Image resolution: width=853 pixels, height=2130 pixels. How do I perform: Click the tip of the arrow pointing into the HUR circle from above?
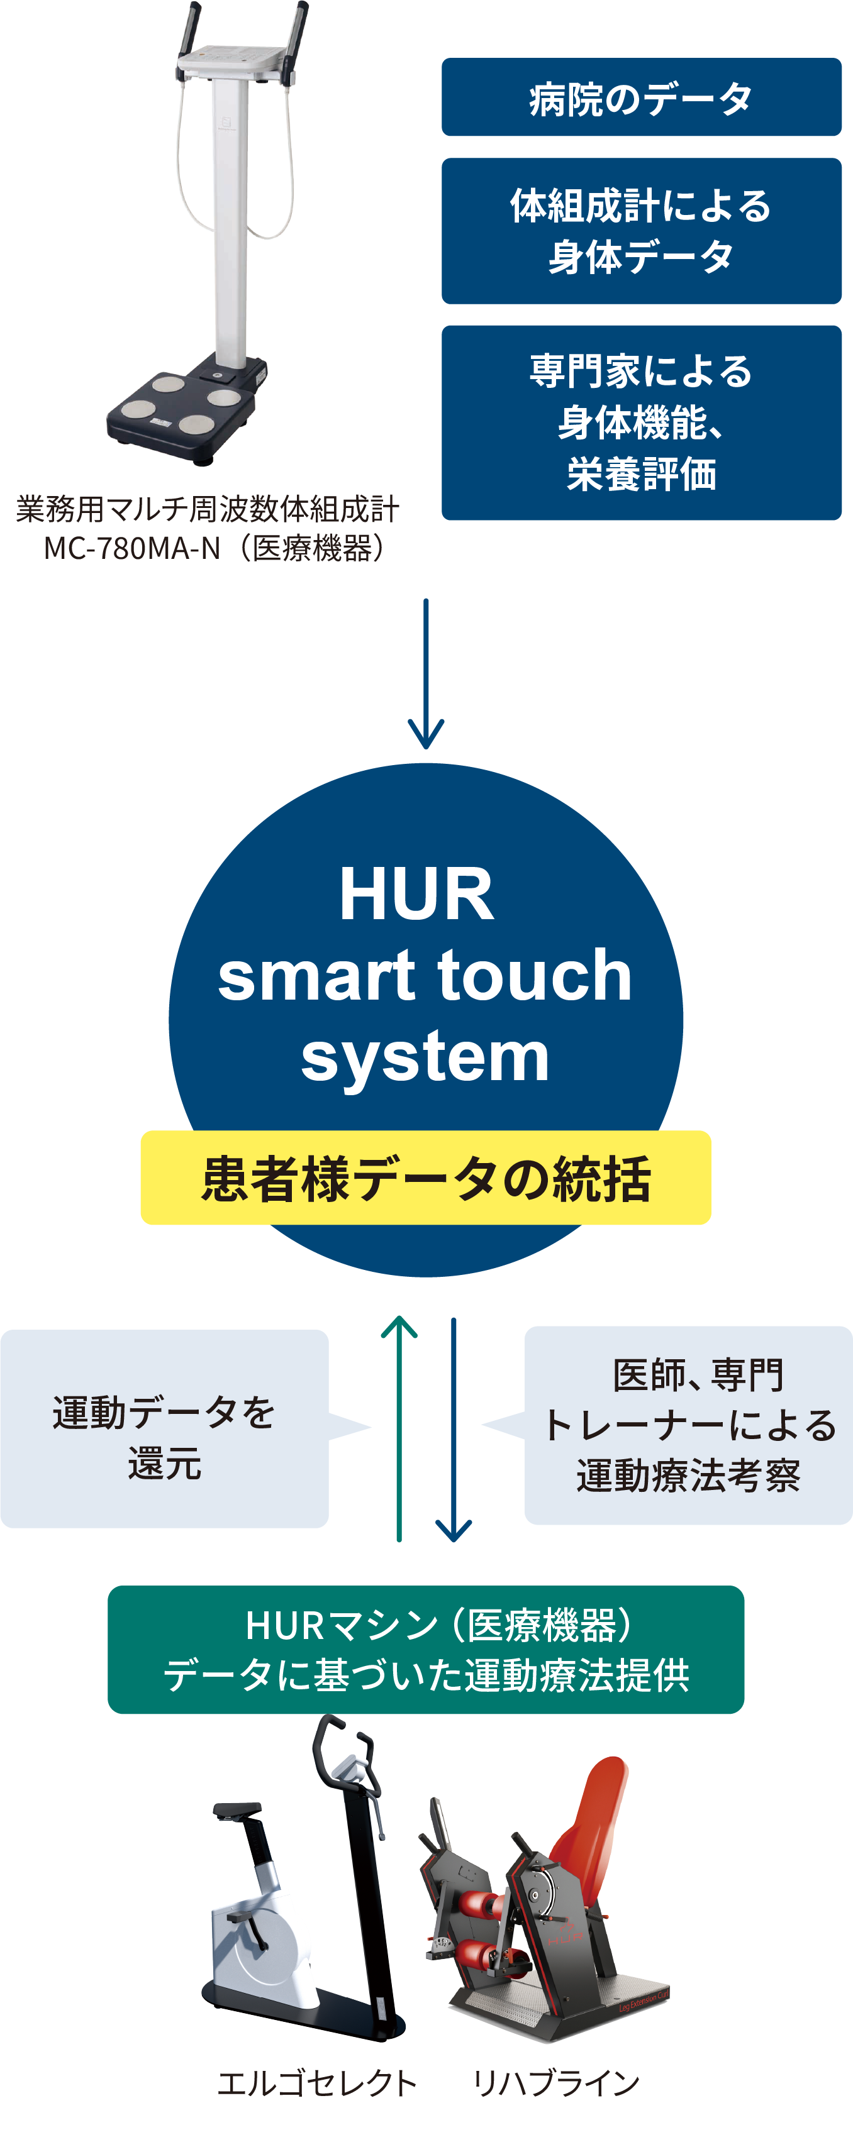pyautogui.click(x=426, y=748)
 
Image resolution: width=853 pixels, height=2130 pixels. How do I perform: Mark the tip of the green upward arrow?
pyautogui.click(x=399, y=1316)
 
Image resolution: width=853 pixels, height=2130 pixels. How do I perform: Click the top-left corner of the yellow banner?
pyautogui.click(x=142, y=1131)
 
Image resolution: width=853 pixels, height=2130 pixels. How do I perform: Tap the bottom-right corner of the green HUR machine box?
pyautogui.click(x=743, y=1713)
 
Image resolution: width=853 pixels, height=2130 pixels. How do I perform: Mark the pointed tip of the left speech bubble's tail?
pyautogui.click(x=370, y=1426)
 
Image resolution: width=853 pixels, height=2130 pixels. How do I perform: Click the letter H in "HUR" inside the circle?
pyautogui.click(x=357, y=894)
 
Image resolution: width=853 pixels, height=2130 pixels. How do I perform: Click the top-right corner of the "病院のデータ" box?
pyautogui.click(x=840, y=58)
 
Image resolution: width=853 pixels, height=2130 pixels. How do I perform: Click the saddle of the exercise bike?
pyautogui.click(x=237, y=1809)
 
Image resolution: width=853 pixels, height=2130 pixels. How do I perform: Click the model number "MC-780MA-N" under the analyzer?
pyautogui.click(x=132, y=548)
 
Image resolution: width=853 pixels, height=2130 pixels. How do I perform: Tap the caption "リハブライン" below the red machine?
pyautogui.click(x=556, y=2083)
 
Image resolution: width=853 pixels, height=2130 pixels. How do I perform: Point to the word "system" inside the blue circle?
pyautogui.click(x=425, y=1057)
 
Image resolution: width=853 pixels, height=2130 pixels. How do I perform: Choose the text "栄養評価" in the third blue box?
pyautogui.click(x=641, y=474)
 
